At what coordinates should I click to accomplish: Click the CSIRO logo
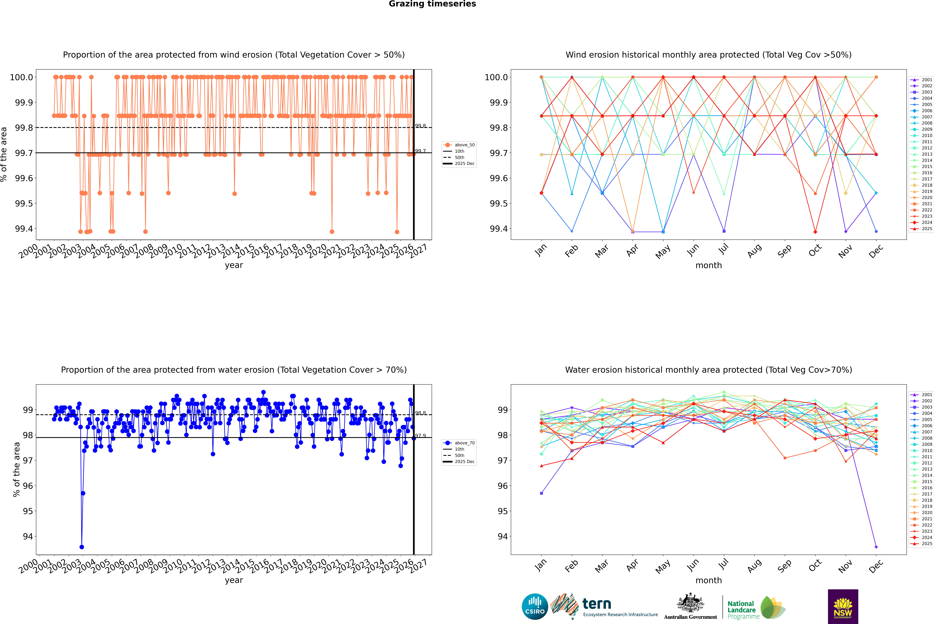tap(535, 607)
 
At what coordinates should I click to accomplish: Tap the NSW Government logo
tap(843, 607)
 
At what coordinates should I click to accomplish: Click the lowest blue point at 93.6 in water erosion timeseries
tap(82, 547)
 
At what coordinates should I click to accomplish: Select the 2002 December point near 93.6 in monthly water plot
tap(876, 547)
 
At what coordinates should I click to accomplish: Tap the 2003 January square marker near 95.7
tap(541, 493)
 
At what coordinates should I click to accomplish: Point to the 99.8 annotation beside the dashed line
tap(420, 126)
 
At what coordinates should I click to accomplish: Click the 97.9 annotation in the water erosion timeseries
tap(420, 436)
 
